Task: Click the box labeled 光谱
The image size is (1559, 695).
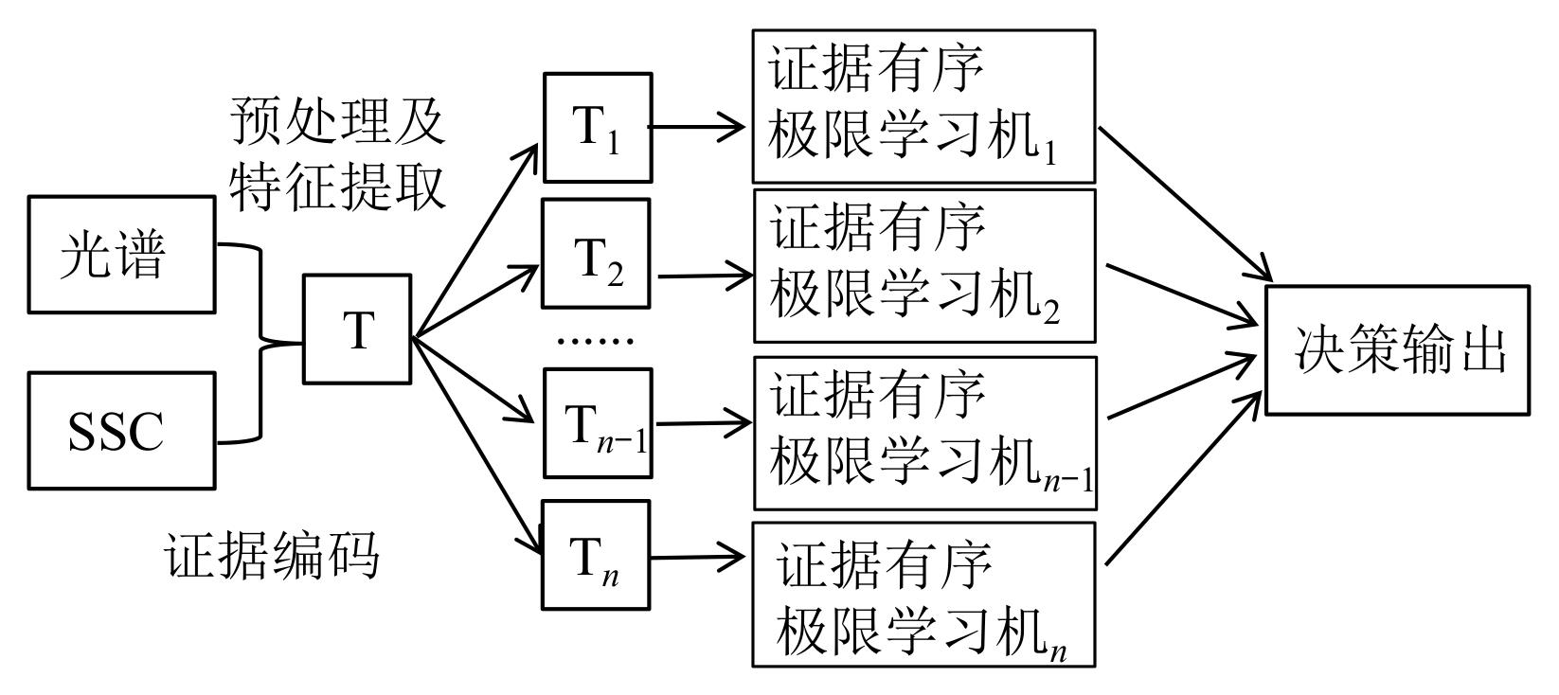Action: (x=121, y=255)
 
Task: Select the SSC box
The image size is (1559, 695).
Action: (x=121, y=431)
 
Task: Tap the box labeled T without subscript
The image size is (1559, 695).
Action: (x=357, y=330)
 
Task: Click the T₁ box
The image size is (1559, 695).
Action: (x=598, y=128)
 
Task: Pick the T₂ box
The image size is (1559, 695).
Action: (x=597, y=254)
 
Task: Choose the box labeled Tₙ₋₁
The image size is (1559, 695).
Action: (x=598, y=424)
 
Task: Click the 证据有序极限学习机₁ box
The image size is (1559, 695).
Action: (x=923, y=106)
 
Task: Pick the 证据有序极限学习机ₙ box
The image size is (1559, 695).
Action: (x=923, y=595)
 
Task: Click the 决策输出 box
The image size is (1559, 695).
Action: (x=1398, y=350)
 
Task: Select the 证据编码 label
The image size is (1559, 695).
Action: (x=273, y=555)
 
